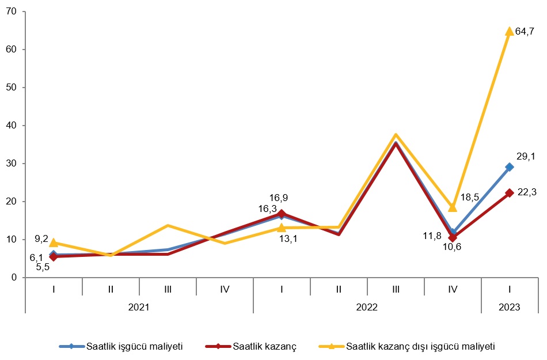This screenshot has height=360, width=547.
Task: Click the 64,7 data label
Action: tap(524, 32)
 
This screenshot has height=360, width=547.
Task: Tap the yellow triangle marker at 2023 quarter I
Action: tap(509, 31)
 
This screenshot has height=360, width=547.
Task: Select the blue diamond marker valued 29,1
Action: tap(509, 167)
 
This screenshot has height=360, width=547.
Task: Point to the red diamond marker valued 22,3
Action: tap(509, 193)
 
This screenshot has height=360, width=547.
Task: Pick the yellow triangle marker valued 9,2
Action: tap(54, 242)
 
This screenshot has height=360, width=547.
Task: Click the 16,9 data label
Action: tap(278, 198)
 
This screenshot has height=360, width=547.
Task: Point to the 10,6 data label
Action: tap(451, 247)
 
